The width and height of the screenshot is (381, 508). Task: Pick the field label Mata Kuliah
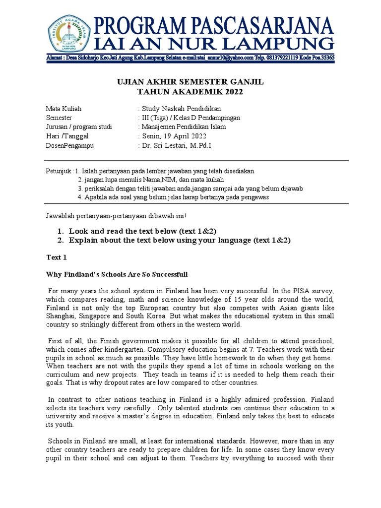[64, 109]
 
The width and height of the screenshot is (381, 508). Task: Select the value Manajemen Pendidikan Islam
[184, 127]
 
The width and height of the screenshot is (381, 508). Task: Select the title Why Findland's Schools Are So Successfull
[117, 274]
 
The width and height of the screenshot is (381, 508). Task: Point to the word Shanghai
[62, 316]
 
